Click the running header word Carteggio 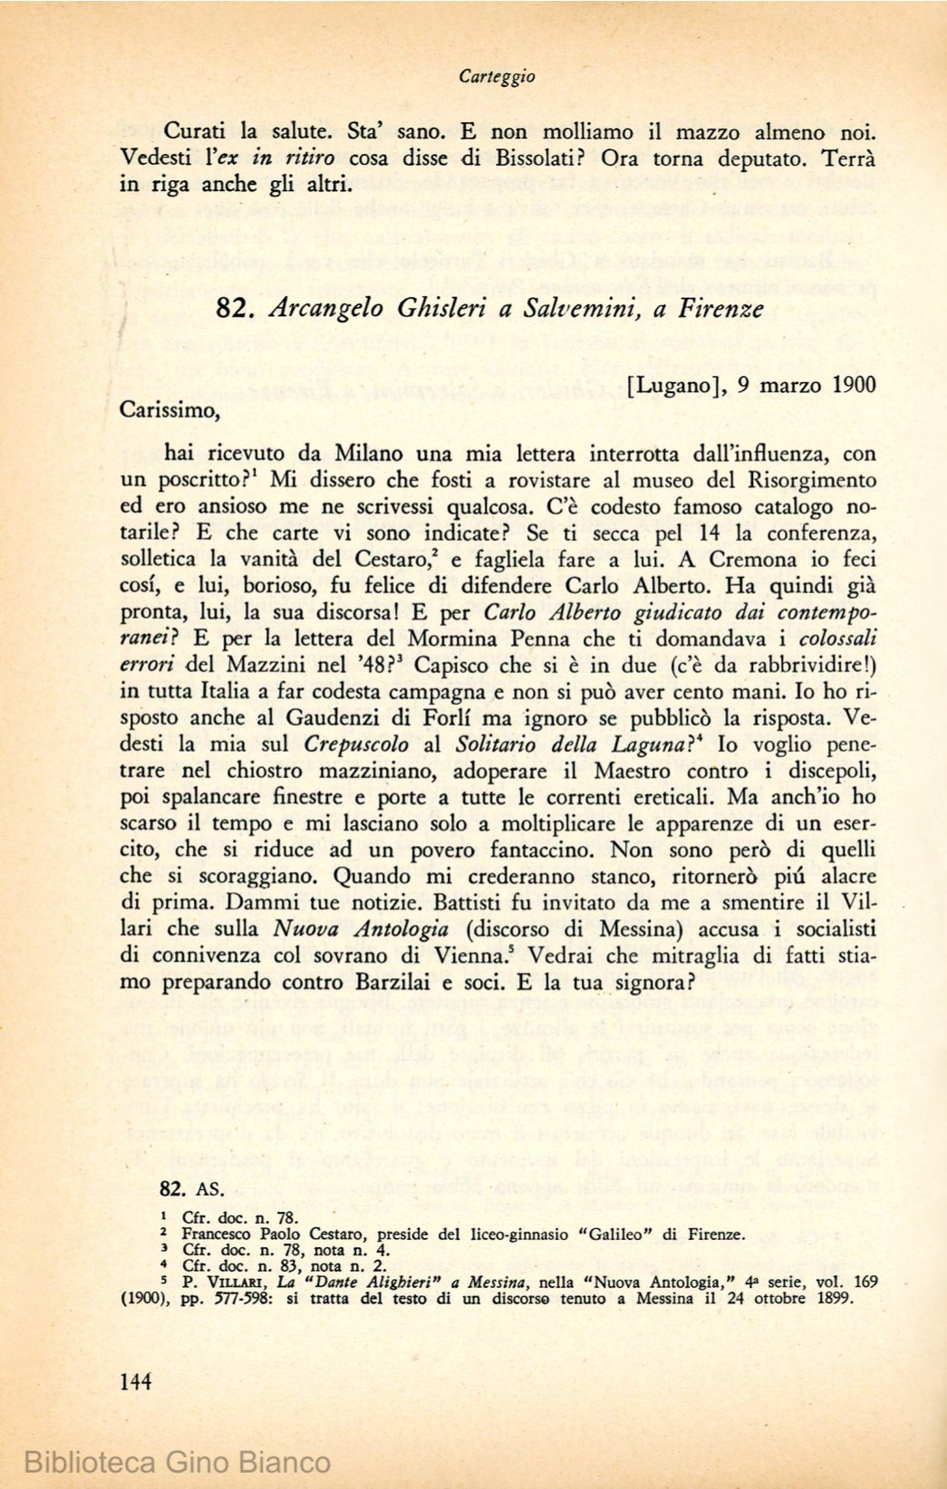click(496, 77)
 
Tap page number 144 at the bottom click(135, 1381)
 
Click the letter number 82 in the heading click(232, 308)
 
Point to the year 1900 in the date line click(852, 385)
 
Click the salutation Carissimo click(169, 410)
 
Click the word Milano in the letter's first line click(372, 453)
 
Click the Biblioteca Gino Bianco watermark click(178, 1462)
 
